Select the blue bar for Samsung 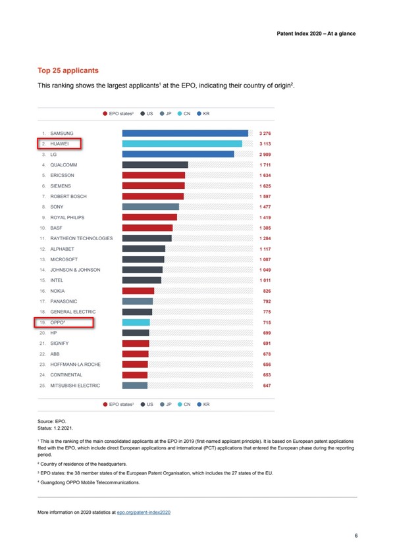(185, 133)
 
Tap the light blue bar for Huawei (182, 143)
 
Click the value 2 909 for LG (265, 154)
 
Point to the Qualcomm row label (64, 165)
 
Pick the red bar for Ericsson (153, 176)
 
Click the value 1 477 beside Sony (265, 207)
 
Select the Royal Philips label (67, 217)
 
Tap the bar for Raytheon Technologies (147, 238)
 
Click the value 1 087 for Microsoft (265, 259)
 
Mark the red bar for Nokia (138, 291)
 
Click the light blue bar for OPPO (136, 322)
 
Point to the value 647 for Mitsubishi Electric (267, 386)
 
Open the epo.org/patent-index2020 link (144, 512)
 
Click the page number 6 (355, 536)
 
